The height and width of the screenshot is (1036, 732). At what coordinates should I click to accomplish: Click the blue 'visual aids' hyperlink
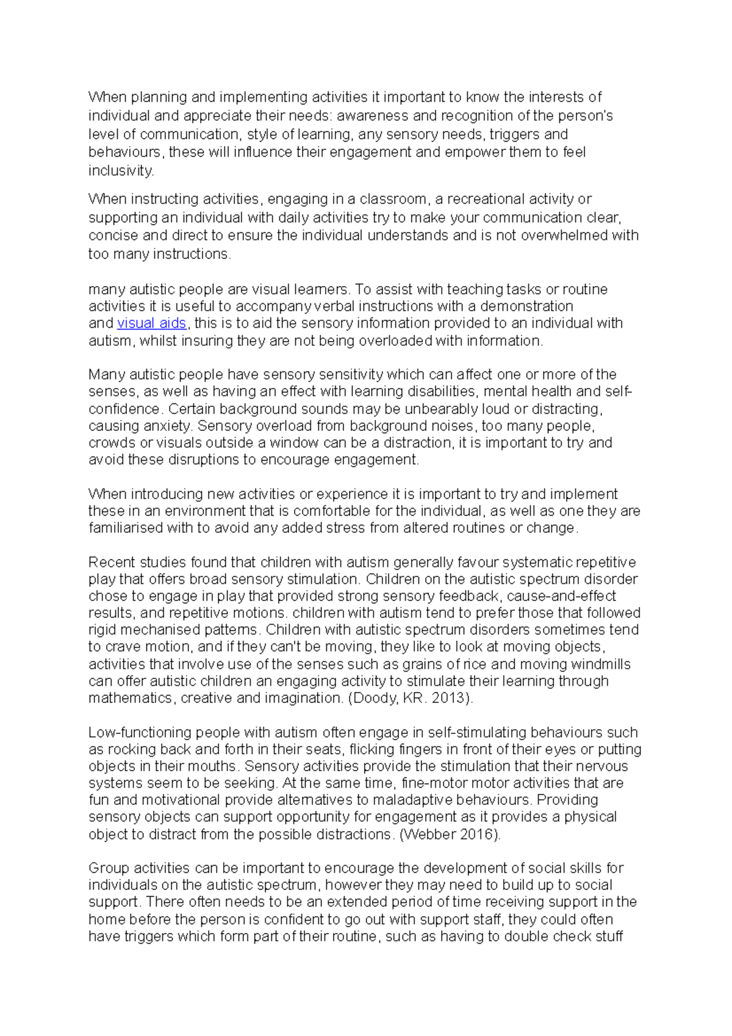tap(151, 323)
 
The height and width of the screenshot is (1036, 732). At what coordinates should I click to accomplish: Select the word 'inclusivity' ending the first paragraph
tap(120, 171)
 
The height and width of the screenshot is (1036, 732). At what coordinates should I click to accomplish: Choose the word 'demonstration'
tap(526, 306)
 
